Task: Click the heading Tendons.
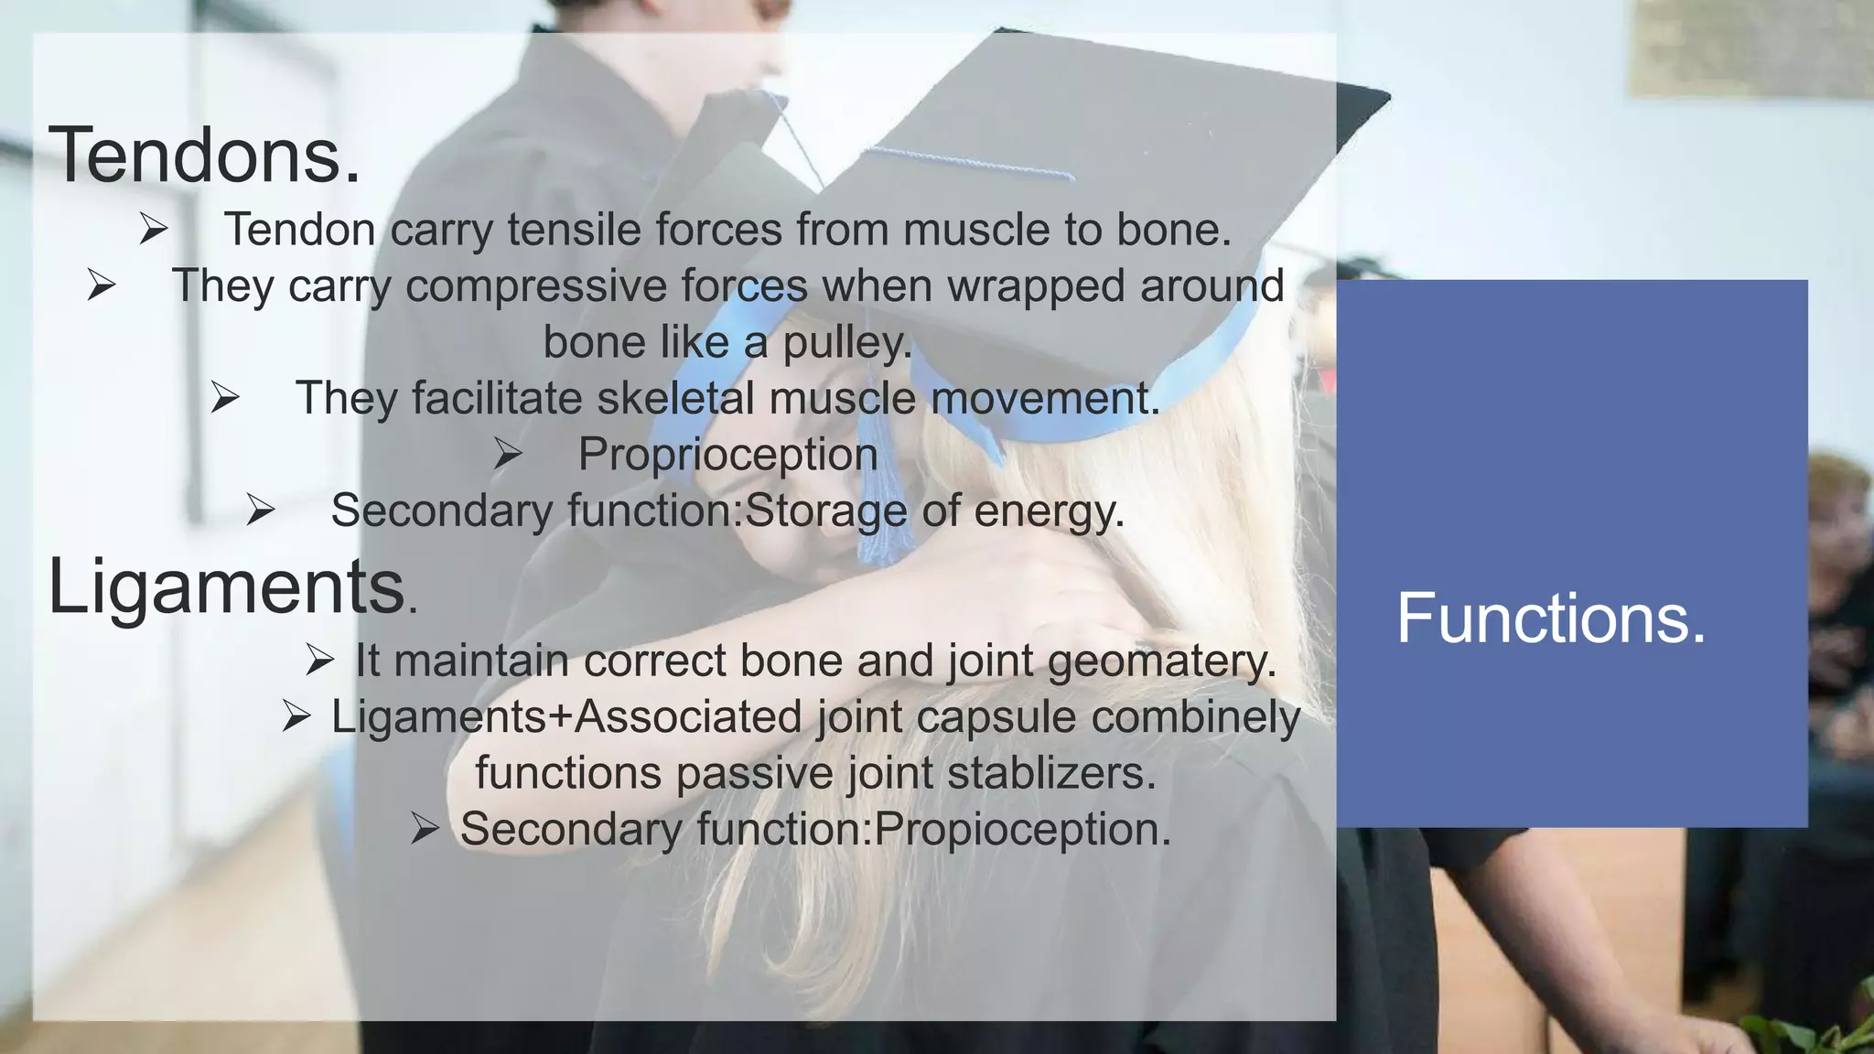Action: pyautogui.click(x=204, y=156)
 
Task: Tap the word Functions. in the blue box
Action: pyautogui.click(x=1551, y=618)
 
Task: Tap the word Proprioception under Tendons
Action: pyautogui.click(x=727, y=455)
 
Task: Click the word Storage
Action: pyautogui.click(x=826, y=511)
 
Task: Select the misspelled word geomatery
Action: pyautogui.click(x=1162, y=661)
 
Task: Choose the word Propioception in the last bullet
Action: pyautogui.click(x=1022, y=829)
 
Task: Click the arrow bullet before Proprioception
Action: pyautogui.click(x=508, y=454)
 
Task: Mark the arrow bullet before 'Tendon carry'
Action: pyautogui.click(x=154, y=229)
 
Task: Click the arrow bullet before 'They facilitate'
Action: pyautogui.click(x=225, y=398)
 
